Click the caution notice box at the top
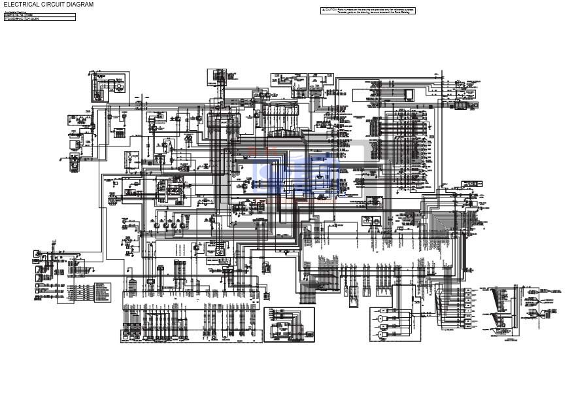tap(368, 10)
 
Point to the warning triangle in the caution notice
tap(323, 10)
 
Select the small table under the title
tap(39, 16)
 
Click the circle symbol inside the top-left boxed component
tap(120, 86)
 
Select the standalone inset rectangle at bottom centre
tap(289, 325)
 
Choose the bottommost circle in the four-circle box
tap(380, 336)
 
